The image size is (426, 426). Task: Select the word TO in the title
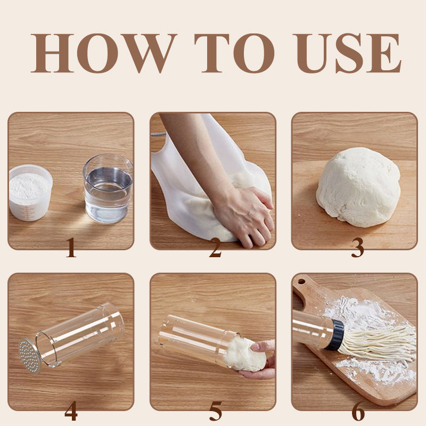click(234, 53)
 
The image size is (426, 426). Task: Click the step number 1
click(71, 247)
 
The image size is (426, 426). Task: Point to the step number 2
click(216, 247)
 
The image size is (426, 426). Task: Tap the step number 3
click(357, 247)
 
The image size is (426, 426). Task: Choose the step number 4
click(71, 411)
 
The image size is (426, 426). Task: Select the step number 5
click(216, 411)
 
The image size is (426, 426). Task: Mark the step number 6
click(358, 411)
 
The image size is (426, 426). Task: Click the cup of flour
click(30, 192)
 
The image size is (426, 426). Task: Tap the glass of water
click(108, 189)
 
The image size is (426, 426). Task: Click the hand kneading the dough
click(244, 215)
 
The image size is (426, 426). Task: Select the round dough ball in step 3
click(358, 187)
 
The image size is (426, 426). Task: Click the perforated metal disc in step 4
click(30, 356)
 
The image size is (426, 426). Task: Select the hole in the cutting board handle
click(301, 282)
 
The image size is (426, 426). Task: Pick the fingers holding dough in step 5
click(262, 359)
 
